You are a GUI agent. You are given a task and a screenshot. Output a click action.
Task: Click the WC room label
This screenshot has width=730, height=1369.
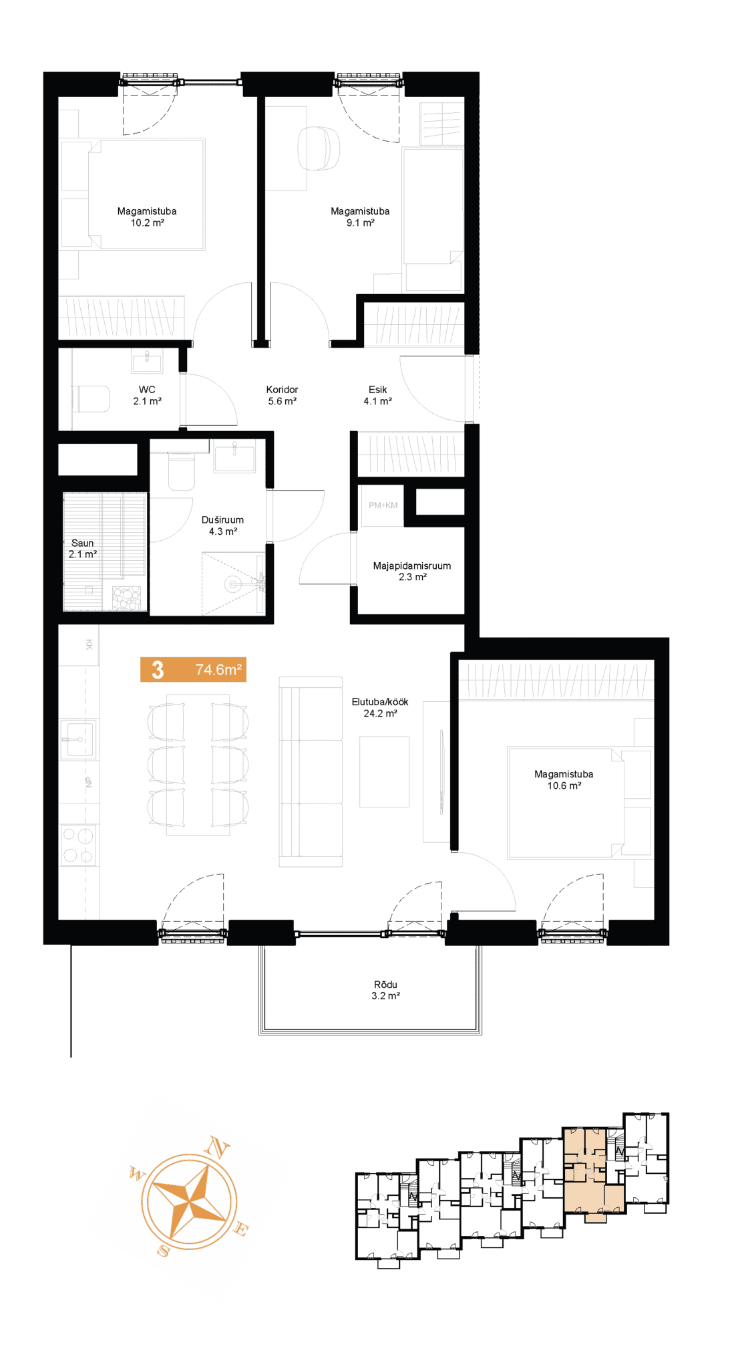point(147,395)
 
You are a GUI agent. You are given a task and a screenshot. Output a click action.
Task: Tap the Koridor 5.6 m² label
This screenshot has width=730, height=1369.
point(282,395)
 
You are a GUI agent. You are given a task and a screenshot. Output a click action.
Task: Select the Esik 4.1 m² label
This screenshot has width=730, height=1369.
point(377,395)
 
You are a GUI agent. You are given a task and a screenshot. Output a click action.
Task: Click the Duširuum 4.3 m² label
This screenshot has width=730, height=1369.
point(222,525)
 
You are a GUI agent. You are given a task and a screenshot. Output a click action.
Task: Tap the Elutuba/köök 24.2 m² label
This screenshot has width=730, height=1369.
point(380,707)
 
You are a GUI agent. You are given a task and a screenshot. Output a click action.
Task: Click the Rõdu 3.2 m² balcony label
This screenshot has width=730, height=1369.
point(385,990)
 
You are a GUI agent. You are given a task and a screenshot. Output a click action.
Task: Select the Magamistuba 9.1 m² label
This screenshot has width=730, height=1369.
point(360,217)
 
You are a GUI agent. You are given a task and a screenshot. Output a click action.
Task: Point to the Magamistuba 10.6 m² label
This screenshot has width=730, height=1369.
point(564,779)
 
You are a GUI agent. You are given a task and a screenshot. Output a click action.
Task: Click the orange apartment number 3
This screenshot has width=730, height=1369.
point(158,670)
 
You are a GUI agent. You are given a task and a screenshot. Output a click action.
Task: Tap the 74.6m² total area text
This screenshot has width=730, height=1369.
point(218,670)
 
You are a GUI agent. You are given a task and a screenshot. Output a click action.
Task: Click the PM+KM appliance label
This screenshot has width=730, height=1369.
point(383,505)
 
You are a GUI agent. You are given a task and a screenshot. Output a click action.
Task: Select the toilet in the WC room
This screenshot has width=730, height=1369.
point(91,399)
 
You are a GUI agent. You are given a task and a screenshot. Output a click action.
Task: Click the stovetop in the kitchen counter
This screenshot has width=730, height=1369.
point(79,845)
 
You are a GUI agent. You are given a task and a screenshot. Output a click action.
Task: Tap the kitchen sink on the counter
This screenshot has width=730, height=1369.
point(79,739)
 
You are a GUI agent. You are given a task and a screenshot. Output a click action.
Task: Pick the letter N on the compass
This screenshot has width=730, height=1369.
point(217,1147)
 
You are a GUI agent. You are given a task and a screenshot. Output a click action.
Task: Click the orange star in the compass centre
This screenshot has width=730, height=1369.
point(190,1201)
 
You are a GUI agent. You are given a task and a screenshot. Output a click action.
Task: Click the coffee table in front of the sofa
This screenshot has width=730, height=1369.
point(384,771)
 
